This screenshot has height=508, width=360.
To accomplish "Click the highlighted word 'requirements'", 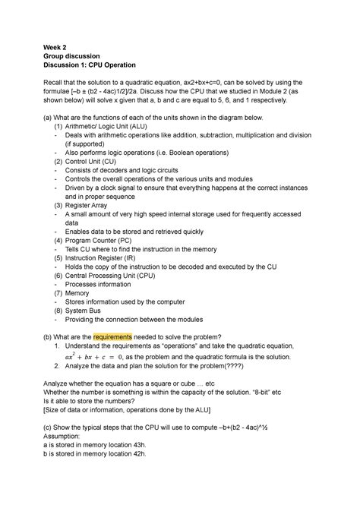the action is (x=112, y=336).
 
